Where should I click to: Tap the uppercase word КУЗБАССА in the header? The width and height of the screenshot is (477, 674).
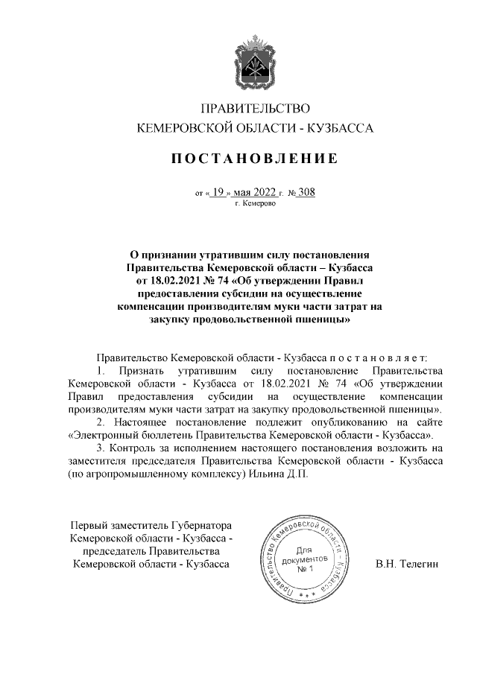coord(340,129)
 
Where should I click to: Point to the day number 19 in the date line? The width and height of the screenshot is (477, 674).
coord(218,191)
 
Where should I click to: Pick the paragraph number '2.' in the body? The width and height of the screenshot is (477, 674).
coord(102,422)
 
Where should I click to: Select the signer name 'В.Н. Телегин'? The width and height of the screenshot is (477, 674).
coord(408,565)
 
